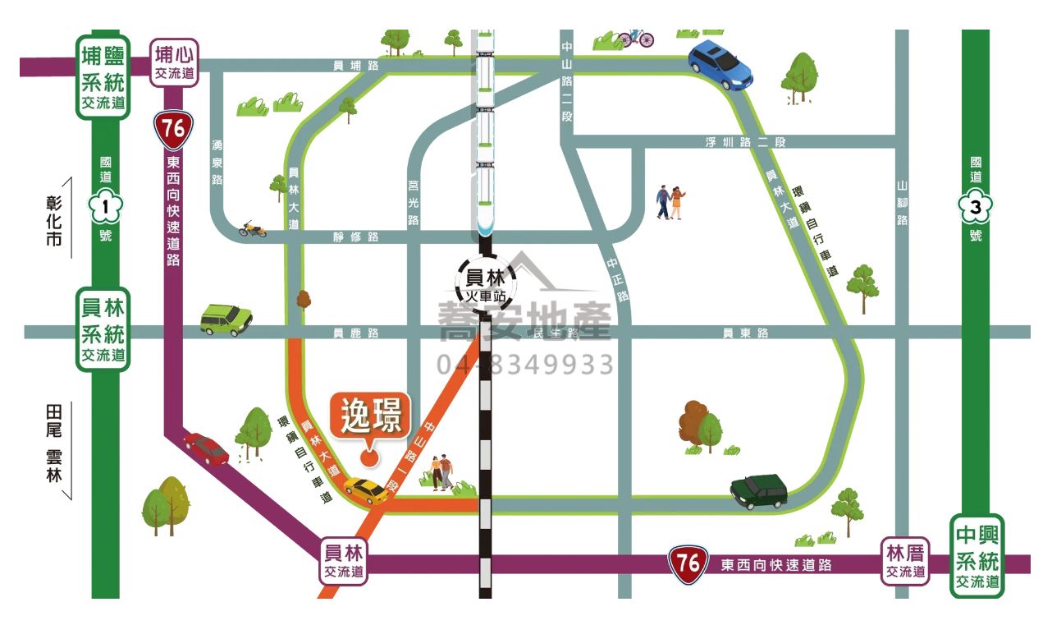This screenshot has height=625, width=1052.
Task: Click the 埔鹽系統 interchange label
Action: coord(103,76)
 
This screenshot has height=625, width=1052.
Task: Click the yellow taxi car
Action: coord(367,489)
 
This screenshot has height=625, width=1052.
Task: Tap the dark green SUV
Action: coord(759,490)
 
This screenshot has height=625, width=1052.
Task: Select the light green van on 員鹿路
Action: coord(226,319)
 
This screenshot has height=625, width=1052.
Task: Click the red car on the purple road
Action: coord(206,448)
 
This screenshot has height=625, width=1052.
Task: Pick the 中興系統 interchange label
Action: coord(977,556)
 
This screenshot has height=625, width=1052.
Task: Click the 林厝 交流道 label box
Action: coord(906,562)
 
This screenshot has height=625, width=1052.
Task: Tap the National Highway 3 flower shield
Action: coord(976,208)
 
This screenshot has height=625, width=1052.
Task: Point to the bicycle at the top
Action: coord(636,37)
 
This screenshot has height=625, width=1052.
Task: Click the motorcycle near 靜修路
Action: coord(252,228)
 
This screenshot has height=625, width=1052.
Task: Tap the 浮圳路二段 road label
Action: coord(745,142)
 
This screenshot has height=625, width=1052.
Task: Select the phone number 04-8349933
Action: coord(525,365)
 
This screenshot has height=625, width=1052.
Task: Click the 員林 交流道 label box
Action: coord(343,562)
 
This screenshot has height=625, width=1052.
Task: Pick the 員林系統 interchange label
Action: coord(103,329)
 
